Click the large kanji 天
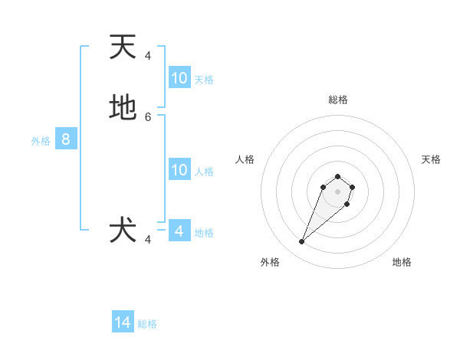pos(123,47)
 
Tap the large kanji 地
pos(123,108)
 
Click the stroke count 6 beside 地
pos(148,117)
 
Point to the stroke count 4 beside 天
pos(148,56)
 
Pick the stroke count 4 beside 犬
pos(148,240)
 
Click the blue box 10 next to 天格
pos(179,77)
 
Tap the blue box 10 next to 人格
pos(179,170)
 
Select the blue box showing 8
pos(66,139)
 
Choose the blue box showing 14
pos(123,322)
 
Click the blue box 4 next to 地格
pos(179,231)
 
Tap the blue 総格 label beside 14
pos(147,324)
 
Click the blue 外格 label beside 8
pos(41,141)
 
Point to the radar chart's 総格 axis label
pos(338,100)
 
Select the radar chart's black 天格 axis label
pos(431,159)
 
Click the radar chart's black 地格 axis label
pos(402,262)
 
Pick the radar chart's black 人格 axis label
pos(245,159)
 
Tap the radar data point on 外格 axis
pos(302,242)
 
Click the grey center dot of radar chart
pos(338,191)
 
